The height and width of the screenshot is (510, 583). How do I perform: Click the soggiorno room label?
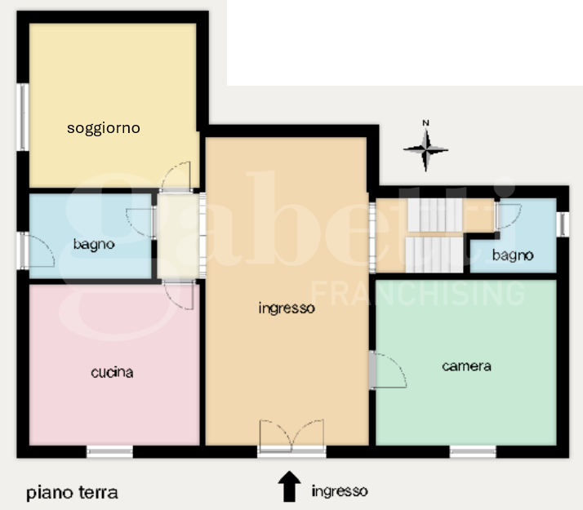tap(104, 128)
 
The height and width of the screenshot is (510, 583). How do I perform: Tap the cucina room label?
tap(112, 373)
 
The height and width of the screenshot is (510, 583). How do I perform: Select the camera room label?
tap(466, 366)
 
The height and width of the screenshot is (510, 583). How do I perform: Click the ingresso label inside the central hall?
tap(286, 308)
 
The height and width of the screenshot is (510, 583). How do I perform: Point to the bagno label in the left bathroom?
tap(94, 244)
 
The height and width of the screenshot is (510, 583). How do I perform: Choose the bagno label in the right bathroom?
tap(513, 255)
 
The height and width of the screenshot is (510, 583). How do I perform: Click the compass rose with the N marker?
tap(425, 149)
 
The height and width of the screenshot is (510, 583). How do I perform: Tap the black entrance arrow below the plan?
tap(289, 486)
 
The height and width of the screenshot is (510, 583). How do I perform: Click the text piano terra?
tap(72, 493)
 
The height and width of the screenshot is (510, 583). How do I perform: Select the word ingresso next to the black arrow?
tap(339, 491)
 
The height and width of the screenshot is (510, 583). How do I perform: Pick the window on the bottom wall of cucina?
tap(110, 451)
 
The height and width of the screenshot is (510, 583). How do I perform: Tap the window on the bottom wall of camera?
tap(473, 451)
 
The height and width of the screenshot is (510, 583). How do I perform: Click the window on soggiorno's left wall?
tap(24, 118)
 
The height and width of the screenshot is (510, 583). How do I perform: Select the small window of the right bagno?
tap(562, 224)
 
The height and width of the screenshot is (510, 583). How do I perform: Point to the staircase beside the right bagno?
tap(434, 236)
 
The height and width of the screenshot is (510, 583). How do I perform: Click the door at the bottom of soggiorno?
tap(176, 178)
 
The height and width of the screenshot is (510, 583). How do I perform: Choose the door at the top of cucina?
tap(179, 294)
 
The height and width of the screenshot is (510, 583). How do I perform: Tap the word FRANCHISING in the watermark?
tap(419, 292)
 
